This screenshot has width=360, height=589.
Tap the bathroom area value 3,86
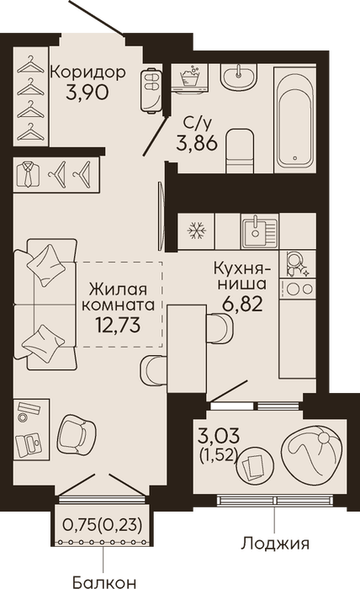pos(197,143)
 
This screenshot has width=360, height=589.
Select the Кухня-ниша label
pos(241,276)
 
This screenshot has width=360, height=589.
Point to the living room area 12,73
pos(119,325)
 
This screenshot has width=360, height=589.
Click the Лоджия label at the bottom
pos(275,544)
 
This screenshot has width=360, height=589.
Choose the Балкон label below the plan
pos(103,582)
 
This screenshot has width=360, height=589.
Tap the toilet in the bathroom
pos(241,151)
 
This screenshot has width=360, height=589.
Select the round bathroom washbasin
pos(239,77)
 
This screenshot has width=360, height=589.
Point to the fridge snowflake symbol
pos(197,231)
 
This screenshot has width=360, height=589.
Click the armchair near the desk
pos(77,435)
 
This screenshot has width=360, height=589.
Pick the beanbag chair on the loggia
pos(312,454)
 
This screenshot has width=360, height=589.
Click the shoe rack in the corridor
pos(151,90)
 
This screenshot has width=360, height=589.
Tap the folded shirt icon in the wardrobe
pos(29,174)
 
